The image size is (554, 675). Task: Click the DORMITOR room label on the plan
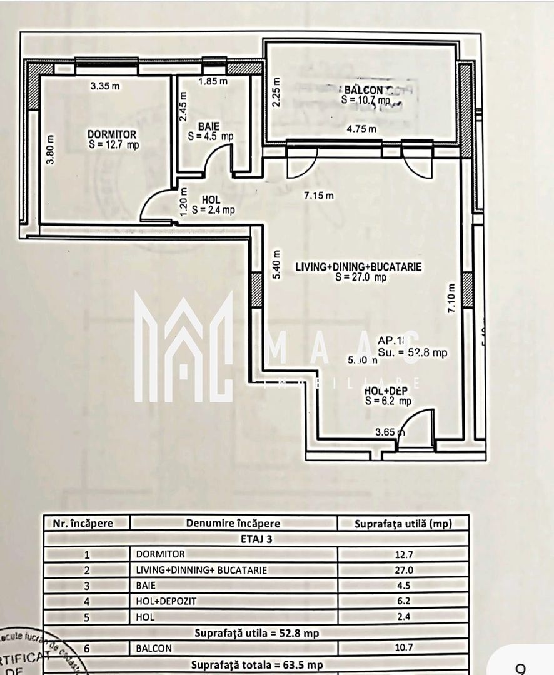tap(112, 134)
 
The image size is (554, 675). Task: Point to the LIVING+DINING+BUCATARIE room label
tap(358, 267)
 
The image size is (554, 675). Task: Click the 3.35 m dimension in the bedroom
tap(104, 86)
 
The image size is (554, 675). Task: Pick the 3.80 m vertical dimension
tap(51, 151)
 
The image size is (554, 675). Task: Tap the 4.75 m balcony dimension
tap(361, 129)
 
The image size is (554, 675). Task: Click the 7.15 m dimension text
tap(318, 196)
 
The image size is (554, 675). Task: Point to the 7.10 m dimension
tap(451, 297)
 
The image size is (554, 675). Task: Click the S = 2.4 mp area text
tap(213, 211)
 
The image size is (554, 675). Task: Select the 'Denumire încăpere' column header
tap(233, 524)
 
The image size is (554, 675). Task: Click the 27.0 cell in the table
tap(403, 570)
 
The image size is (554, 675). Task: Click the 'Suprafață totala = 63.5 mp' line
tap(257, 664)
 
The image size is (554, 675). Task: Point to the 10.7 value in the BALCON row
tap(403, 648)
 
